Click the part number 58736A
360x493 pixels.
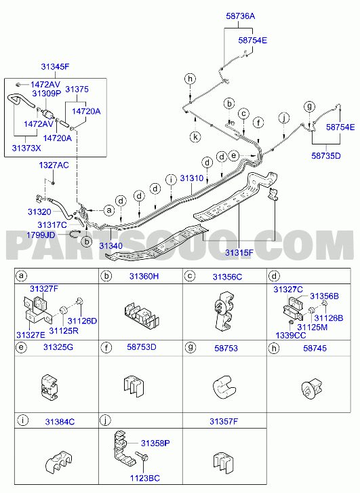(x=241, y=16)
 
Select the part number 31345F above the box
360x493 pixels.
(x=55, y=66)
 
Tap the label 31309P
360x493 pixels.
(x=47, y=94)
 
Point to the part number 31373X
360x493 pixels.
(x=26, y=148)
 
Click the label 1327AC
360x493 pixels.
(x=54, y=165)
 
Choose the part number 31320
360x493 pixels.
(x=39, y=212)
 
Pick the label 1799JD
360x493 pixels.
(x=41, y=235)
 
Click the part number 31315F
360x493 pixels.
(x=239, y=253)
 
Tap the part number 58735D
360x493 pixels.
(x=326, y=156)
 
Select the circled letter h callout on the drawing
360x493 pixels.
(x=191, y=79)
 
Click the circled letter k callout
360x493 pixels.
(x=195, y=137)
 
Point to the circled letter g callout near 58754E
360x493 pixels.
(x=309, y=106)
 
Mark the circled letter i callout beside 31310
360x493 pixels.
(x=171, y=180)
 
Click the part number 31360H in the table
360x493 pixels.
(x=144, y=277)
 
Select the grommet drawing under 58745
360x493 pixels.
(x=312, y=389)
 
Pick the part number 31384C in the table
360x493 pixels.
(x=60, y=422)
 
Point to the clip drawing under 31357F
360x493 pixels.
(x=223, y=463)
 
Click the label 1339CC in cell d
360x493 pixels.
(x=291, y=336)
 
